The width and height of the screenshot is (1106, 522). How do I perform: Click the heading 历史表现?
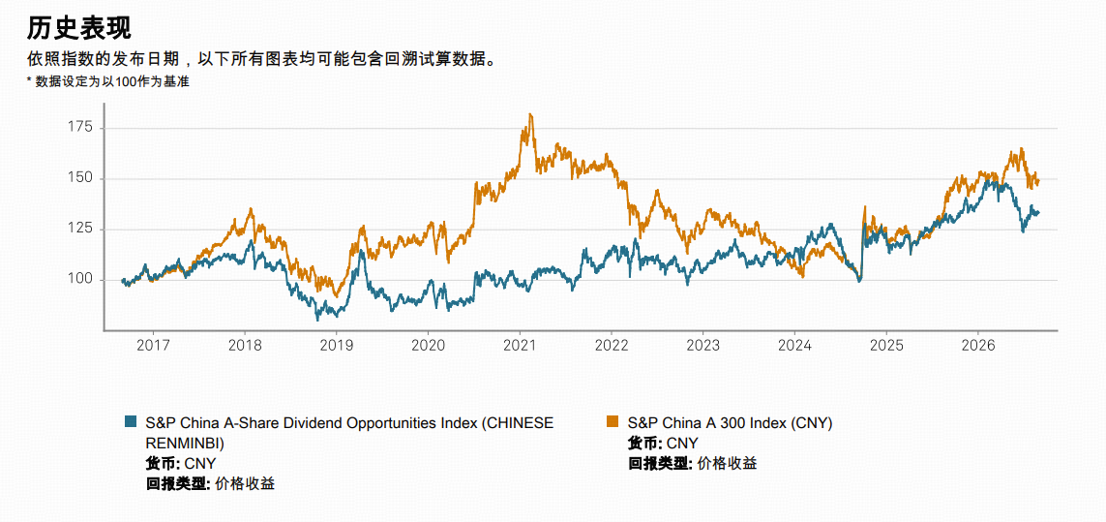click(x=79, y=28)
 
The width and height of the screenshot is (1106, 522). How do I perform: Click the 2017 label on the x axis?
click(x=153, y=346)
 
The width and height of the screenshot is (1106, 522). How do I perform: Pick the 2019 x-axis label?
click(x=337, y=346)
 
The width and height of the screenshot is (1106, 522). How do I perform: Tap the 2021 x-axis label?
click(x=520, y=346)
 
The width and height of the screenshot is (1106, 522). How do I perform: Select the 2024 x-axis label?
click(x=795, y=346)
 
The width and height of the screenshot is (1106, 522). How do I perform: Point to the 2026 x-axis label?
click(x=978, y=346)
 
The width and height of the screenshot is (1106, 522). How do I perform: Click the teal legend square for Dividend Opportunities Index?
click(x=130, y=421)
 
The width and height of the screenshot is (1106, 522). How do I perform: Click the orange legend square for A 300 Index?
click(x=613, y=421)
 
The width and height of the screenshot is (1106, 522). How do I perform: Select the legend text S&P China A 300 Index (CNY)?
click(x=730, y=423)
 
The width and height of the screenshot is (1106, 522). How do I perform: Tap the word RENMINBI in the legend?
click(x=179, y=444)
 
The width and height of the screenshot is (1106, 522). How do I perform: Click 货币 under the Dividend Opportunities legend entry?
click(x=159, y=463)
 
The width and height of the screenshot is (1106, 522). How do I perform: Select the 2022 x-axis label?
click(x=612, y=346)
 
